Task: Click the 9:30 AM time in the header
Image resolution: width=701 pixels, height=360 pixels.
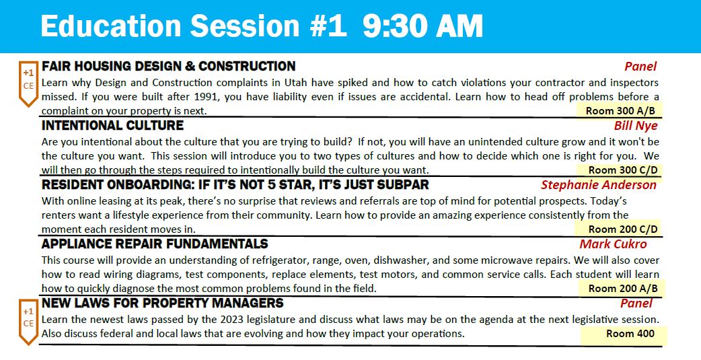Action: (x=422, y=26)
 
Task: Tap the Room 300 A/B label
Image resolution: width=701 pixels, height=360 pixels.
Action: (x=620, y=110)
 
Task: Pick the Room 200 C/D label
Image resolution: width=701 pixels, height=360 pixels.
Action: (x=623, y=229)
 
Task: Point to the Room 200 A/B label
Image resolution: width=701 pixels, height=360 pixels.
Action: (x=623, y=289)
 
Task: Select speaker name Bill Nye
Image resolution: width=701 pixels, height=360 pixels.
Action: (x=636, y=126)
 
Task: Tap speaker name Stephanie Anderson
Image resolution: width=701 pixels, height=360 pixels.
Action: (x=599, y=184)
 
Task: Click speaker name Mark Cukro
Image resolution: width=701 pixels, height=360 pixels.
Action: (x=613, y=244)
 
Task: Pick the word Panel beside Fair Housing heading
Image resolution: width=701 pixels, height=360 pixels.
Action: (x=640, y=67)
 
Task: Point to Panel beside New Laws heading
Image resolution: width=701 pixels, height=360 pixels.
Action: (x=636, y=303)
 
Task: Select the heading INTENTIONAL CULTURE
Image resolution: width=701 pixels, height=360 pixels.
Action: (x=112, y=126)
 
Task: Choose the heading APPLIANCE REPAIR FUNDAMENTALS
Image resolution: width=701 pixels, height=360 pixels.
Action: (x=155, y=244)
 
